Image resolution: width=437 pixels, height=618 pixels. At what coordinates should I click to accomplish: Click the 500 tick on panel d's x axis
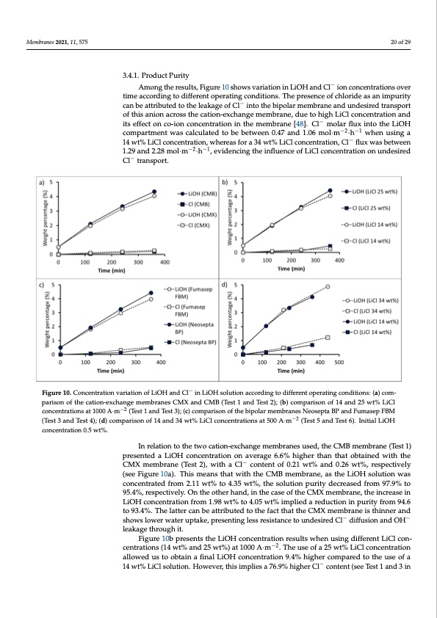pos(339,362)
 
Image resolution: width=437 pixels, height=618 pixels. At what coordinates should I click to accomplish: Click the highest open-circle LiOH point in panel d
pos(328,286)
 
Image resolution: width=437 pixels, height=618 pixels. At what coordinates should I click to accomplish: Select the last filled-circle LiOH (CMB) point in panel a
pos(154,192)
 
